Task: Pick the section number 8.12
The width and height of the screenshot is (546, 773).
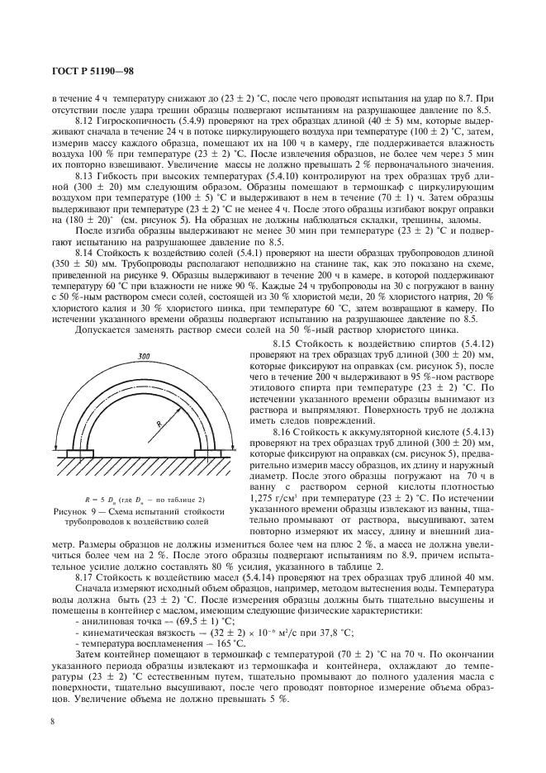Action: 85,121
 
